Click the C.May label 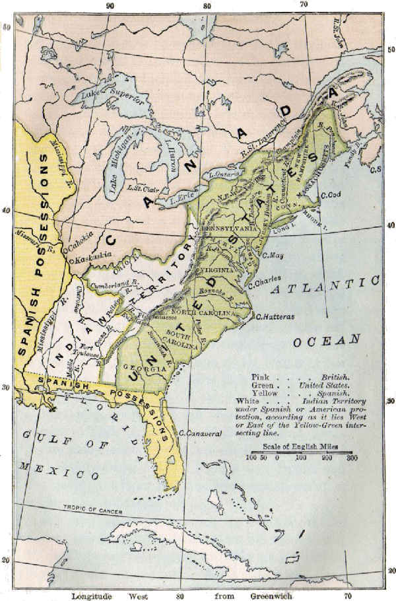tap(273, 254)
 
